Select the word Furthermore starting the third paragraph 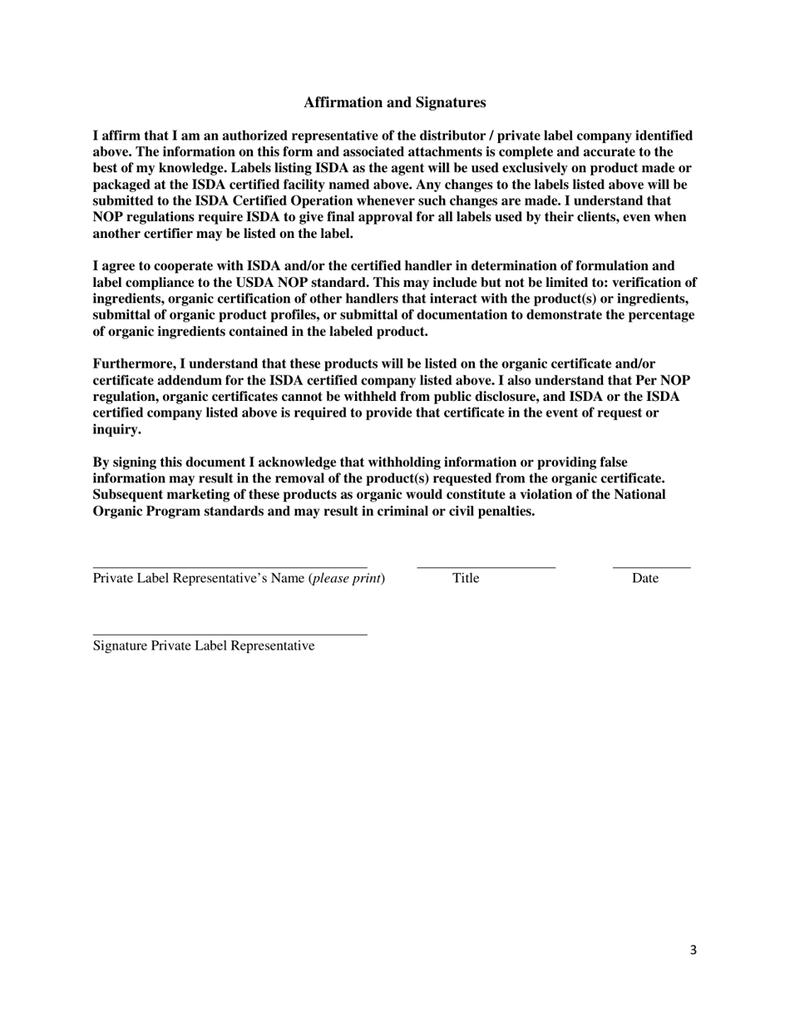coord(133,364)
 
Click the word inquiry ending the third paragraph coord(116,429)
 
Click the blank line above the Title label coord(486,566)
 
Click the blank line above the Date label coord(651,566)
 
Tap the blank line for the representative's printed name coord(230,566)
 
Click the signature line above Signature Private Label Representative coord(230,634)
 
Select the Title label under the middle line coord(466,578)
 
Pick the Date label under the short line coord(644,578)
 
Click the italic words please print coord(347,578)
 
